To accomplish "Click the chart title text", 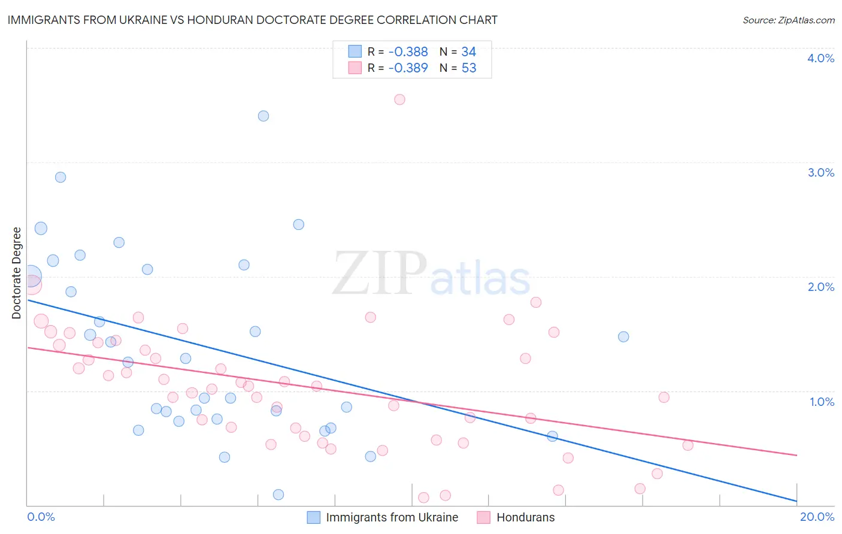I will (252, 20).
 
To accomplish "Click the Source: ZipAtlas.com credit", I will (788, 20).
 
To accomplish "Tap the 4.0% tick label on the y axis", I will (820, 58).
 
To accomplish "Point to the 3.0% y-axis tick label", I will (820, 172).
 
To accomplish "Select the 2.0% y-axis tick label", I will (820, 287).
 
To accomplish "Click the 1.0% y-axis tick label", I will (822, 402).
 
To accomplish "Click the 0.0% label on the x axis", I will (41, 517).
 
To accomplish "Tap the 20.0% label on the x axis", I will (817, 517).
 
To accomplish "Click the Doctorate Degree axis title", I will (17, 273).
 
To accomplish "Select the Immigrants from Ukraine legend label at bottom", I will (392, 517).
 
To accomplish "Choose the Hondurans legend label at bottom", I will (525, 517).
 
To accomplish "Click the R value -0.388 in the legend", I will (408, 52).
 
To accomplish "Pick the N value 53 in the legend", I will (469, 68).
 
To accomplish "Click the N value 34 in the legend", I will (469, 52).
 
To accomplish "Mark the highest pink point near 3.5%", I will (399, 99).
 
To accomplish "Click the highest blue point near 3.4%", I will (263, 116).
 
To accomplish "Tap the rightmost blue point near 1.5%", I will (623, 336).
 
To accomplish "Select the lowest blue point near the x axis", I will (278, 494).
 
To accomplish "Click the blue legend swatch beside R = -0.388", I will (355, 51).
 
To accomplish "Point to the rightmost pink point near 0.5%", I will (687, 445).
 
